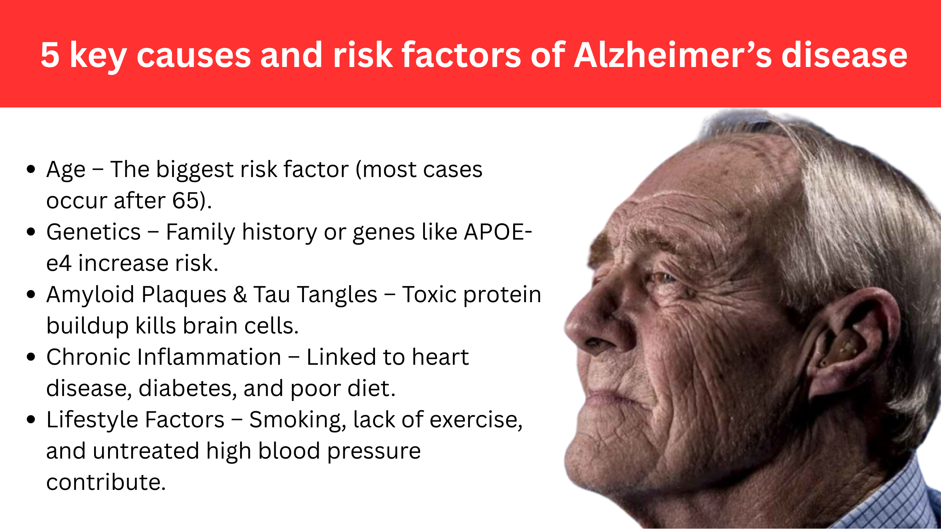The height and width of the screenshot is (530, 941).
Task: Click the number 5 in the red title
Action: coord(50,55)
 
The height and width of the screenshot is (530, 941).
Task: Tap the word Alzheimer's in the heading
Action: coord(673,55)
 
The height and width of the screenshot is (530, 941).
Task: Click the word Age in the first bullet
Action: coord(66,170)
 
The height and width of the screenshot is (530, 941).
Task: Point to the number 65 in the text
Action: coord(186,201)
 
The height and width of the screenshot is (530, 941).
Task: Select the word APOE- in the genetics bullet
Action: coord(498,232)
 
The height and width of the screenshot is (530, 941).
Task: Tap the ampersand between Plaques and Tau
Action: coord(240,295)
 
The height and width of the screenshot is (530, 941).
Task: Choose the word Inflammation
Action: coord(209,357)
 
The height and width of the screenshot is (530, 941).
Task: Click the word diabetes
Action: coord(187,389)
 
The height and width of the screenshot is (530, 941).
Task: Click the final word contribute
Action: coord(106,483)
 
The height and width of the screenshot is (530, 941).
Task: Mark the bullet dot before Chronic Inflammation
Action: coord(31,357)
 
